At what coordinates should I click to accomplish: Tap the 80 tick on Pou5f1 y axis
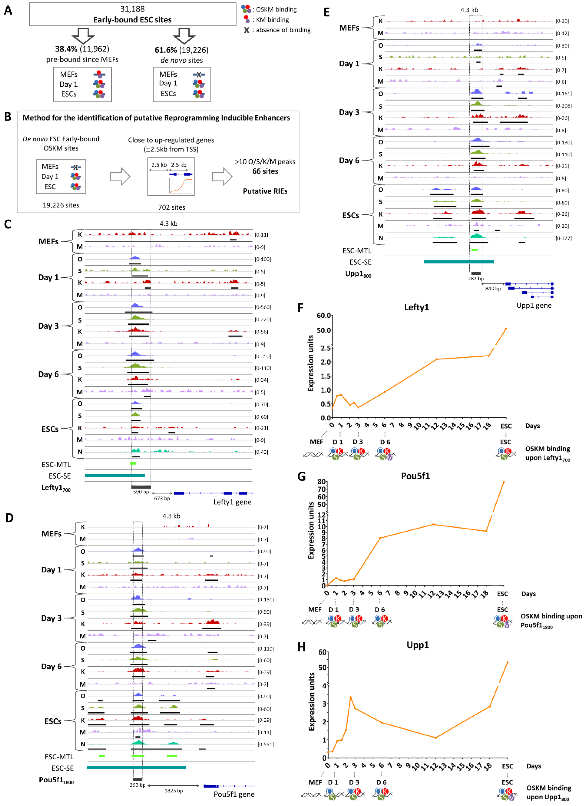(322, 482)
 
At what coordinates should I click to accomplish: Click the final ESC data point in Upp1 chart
(507, 662)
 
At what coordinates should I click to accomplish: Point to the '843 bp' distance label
(493, 289)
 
